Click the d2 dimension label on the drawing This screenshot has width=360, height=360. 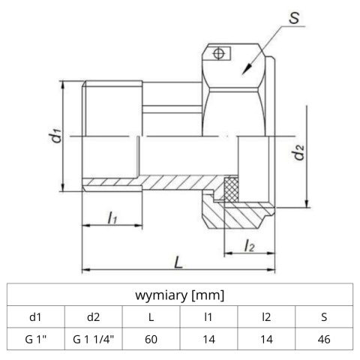[x=298, y=155]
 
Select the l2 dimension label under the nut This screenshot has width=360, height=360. [x=249, y=244]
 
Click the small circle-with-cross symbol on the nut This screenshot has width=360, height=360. [x=219, y=53]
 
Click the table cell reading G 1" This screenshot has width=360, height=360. [x=36, y=339]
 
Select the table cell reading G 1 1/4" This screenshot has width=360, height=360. [x=94, y=339]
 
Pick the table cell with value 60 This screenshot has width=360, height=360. [x=151, y=339]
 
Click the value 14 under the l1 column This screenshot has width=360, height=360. [x=208, y=339]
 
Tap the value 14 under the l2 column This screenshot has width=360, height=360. [x=265, y=339]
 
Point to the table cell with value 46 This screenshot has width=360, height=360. [x=322, y=339]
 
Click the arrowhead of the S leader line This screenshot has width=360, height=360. [x=244, y=70]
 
